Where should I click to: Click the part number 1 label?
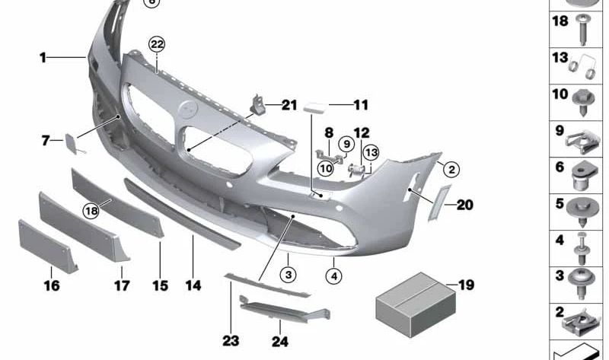click(43, 57)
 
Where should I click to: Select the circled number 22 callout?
click(157, 44)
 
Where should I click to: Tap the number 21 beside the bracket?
click(289, 105)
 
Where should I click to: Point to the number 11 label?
click(359, 105)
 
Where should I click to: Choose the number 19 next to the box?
click(466, 285)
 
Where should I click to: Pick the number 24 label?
click(280, 342)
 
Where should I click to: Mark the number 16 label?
click(51, 286)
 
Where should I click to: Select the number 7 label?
click(46, 140)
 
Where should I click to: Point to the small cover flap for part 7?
click(71, 142)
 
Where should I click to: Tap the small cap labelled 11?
click(314, 108)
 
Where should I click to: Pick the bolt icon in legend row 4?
click(583, 245)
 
